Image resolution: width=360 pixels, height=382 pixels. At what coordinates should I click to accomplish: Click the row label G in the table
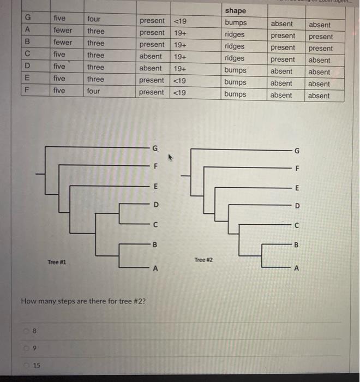click(x=26, y=18)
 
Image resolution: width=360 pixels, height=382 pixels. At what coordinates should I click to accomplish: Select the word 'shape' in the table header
click(x=235, y=11)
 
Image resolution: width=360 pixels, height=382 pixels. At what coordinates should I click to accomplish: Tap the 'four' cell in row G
click(x=94, y=19)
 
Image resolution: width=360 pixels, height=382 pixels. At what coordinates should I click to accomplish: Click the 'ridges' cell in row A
click(x=235, y=34)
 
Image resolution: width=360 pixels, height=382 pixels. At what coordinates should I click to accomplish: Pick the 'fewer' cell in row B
click(x=62, y=43)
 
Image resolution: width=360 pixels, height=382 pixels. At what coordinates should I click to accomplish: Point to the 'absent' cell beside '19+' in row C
click(x=150, y=56)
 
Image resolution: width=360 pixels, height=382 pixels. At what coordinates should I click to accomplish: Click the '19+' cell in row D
click(x=179, y=68)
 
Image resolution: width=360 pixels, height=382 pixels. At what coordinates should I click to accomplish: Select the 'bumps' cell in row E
click(x=235, y=82)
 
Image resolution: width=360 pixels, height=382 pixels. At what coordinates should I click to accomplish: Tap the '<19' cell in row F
click(x=179, y=92)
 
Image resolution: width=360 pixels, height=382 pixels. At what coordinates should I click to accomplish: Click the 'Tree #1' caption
click(x=56, y=262)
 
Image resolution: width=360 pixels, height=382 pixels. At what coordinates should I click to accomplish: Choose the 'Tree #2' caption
click(x=202, y=260)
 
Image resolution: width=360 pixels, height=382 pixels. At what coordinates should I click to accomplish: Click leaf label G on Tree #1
click(x=155, y=148)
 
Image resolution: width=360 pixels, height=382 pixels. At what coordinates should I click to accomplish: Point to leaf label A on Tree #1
click(x=155, y=268)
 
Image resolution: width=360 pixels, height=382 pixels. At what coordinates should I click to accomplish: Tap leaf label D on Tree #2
click(x=297, y=206)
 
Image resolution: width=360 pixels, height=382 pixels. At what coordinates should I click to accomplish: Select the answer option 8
click(x=35, y=330)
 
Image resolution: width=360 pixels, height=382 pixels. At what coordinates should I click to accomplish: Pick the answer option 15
click(x=37, y=365)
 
